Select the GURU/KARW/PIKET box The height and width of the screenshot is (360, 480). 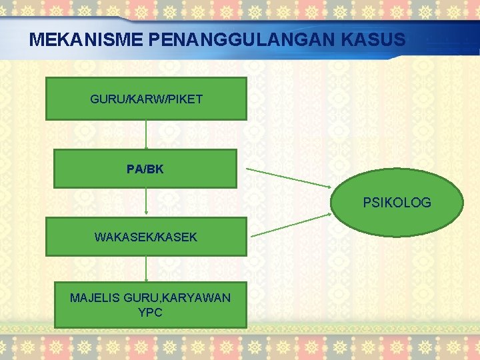coord(146,99)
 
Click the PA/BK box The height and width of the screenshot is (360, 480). coord(145,168)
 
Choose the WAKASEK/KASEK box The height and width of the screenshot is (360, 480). coord(146,236)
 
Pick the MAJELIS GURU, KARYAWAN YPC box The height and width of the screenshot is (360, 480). coord(150,305)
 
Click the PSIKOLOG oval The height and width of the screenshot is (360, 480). coord(397,203)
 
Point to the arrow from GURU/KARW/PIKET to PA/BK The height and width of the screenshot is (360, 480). coord(146,135)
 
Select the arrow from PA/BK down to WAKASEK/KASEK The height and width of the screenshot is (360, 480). coord(146,202)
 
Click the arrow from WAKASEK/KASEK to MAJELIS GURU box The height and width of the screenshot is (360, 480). coord(146,269)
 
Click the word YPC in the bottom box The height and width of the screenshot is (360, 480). coord(150,312)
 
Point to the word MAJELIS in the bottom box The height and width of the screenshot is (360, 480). coord(95,298)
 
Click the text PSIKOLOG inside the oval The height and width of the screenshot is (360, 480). coord(397,202)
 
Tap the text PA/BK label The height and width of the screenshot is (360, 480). coord(145,169)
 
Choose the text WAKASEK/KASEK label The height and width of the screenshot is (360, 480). coord(146,237)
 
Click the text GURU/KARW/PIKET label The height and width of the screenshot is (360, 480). coord(146,100)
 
